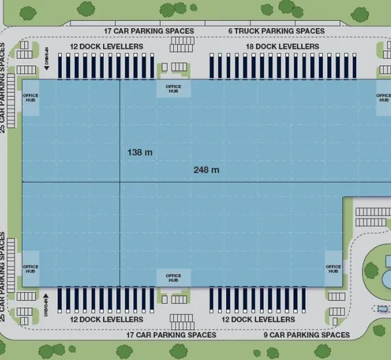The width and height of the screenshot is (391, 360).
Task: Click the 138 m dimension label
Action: point(139,153)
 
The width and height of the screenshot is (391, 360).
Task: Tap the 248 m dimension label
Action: point(206,170)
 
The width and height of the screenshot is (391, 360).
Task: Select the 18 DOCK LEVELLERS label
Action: point(282,47)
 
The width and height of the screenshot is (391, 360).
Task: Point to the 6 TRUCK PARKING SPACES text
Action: point(276,31)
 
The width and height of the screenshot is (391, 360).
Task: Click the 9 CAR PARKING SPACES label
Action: point(306,335)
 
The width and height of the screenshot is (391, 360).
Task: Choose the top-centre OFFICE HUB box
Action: point(174,89)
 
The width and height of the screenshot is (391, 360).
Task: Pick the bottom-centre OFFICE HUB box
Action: point(174,278)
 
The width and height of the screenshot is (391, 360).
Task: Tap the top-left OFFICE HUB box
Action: point(31,98)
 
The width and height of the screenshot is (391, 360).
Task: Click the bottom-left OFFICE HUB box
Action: point(31,269)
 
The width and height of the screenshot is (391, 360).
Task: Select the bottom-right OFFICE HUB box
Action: point(333,269)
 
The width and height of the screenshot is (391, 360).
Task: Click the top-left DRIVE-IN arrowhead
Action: point(47,68)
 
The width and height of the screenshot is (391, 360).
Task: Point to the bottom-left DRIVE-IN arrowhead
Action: point(46,296)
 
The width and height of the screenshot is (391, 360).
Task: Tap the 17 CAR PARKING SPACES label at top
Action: point(149,31)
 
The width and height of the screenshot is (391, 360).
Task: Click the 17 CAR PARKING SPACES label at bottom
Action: point(171,335)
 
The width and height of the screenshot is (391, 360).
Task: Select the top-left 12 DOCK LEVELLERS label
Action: point(107,47)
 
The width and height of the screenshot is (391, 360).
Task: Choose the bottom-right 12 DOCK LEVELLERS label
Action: point(258,319)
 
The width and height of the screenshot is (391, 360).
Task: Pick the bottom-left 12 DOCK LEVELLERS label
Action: point(107,319)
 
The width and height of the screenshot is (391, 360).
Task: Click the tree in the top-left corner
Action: point(28,13)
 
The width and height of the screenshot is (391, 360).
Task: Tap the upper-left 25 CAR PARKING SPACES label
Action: point(2,88)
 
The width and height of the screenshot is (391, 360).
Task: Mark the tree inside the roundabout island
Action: point(371,271)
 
